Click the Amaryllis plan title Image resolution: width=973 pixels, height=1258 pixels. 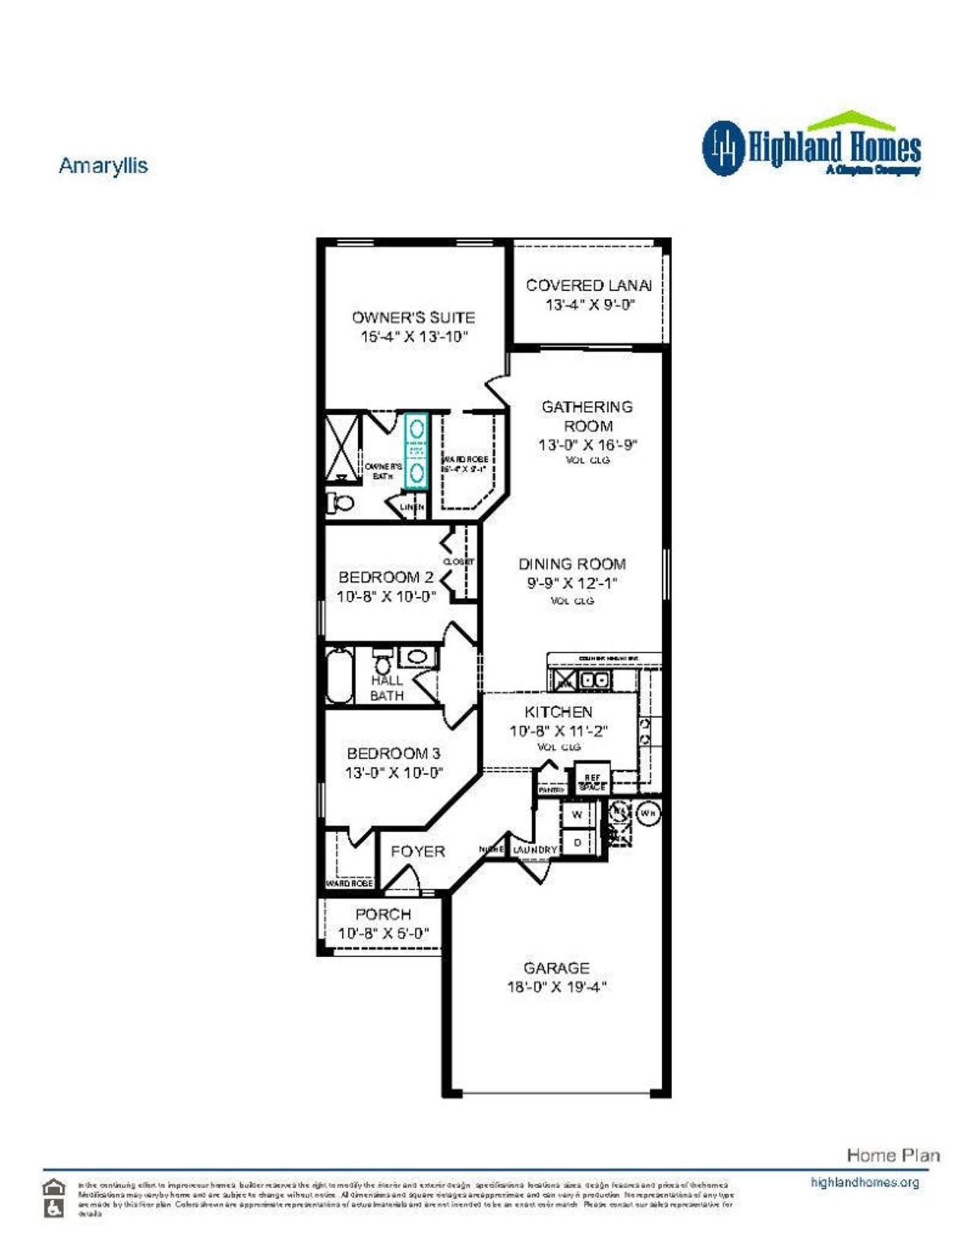103,166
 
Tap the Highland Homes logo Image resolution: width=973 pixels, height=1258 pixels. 811,146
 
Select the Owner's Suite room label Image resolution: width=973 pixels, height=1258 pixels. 413,318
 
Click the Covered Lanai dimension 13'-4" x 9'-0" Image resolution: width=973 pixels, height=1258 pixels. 589,305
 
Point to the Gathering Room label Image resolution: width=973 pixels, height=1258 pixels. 587,416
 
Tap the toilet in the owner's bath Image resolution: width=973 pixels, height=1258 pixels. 341,502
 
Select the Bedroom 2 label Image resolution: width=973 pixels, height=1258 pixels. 386,577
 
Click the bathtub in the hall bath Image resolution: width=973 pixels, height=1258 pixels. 339,675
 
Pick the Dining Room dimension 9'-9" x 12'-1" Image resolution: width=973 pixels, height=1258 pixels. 572,583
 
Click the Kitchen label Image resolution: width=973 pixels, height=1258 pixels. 558,712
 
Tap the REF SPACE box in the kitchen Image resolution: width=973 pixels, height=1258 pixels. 592,782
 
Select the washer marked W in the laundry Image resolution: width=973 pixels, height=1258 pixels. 577,814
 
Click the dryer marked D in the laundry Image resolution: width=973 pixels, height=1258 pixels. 577,842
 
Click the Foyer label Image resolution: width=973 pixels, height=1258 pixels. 417,852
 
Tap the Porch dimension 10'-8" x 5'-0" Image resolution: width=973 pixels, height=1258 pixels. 383,933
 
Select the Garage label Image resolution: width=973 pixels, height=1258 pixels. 556,968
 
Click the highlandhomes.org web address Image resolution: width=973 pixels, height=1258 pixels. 864,1182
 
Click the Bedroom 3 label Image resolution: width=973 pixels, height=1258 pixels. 393,754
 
